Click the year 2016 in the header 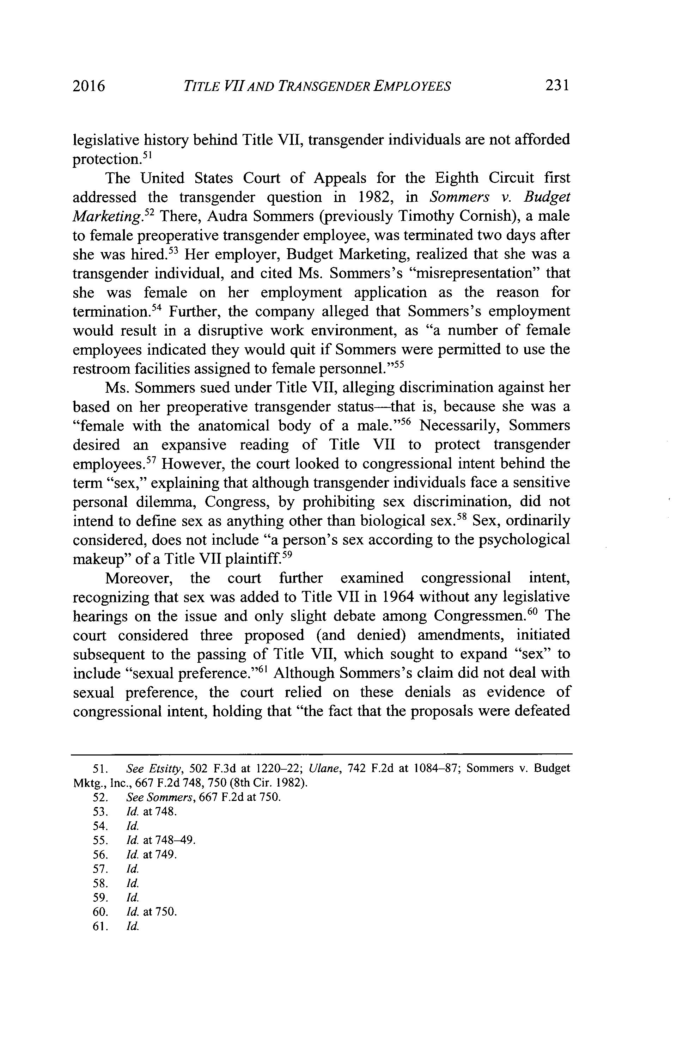pyautogui.click(x=89, y=86)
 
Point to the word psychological pyautogui.click(x=524, y=540)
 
